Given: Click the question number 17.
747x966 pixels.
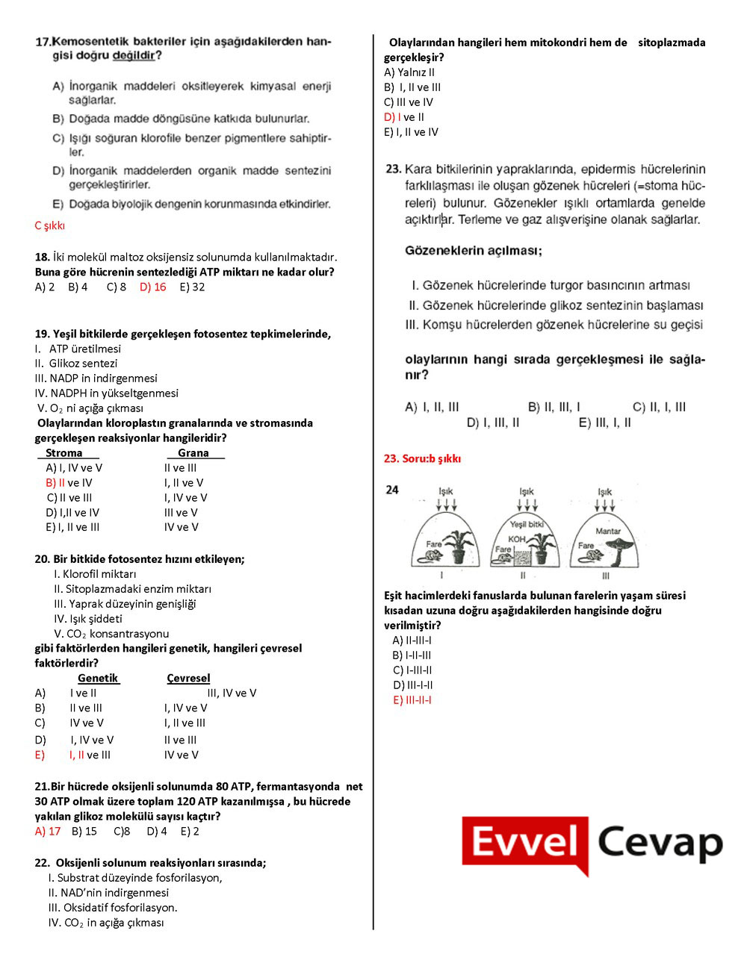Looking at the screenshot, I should [43, 42].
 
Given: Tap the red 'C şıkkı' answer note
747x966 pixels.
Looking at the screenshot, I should [50, 225].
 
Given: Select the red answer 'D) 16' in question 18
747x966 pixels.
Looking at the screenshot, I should [153, 287].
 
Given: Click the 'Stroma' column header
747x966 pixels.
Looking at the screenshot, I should [64, 453].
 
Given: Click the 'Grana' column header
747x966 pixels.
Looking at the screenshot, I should [193, 453].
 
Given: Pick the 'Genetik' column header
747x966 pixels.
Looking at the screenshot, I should [98, 678].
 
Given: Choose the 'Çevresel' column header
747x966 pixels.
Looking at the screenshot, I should [188, 678].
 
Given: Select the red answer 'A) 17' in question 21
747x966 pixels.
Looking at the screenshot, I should [48, 831].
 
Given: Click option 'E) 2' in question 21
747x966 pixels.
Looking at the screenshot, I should [190, 831].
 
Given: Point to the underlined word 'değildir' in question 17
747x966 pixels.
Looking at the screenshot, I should [134, 55].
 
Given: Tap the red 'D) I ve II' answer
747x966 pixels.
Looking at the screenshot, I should [404, 117].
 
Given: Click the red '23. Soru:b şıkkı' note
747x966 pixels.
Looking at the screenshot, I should [422, 458].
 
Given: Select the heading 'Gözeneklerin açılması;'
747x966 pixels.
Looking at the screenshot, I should [474, 251].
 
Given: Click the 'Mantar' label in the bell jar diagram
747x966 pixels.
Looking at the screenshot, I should [608, 531].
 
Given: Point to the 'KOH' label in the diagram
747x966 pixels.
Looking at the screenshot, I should [516, 539].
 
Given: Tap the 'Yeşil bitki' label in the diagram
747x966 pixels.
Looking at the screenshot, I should [527, 524].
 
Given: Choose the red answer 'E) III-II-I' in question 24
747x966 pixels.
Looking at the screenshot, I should [412, 700].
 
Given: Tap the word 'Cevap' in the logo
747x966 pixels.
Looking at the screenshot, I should [660, 843].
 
